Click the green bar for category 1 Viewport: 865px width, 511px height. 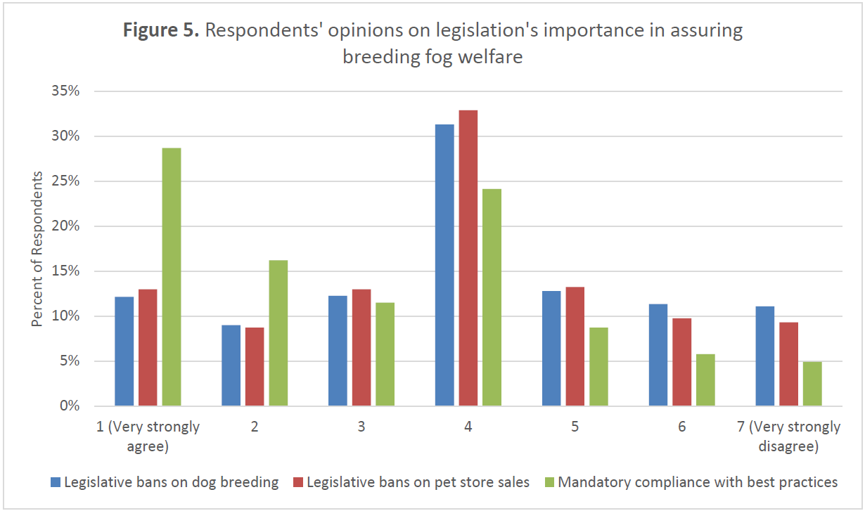coord(171,277)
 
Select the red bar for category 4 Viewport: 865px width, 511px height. coord(468,258)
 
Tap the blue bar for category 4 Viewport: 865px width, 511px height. coord(444,265)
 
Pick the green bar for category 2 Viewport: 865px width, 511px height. coord(278,333)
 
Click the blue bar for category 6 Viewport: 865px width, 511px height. coord(658,355)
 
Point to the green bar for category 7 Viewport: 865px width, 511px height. coord(812,384)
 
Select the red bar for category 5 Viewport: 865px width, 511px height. coord(575,347)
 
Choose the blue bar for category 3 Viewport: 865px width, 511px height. coord(338,351)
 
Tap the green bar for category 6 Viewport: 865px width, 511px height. coord(705,380)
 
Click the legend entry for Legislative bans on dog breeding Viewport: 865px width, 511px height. coord(165,482)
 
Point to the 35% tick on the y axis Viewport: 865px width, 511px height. coord(69,91)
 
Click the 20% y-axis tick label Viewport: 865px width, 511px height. coord(69,226)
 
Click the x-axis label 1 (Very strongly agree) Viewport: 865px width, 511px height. coord(148,436)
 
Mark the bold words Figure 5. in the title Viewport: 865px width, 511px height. coord(161,31)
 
